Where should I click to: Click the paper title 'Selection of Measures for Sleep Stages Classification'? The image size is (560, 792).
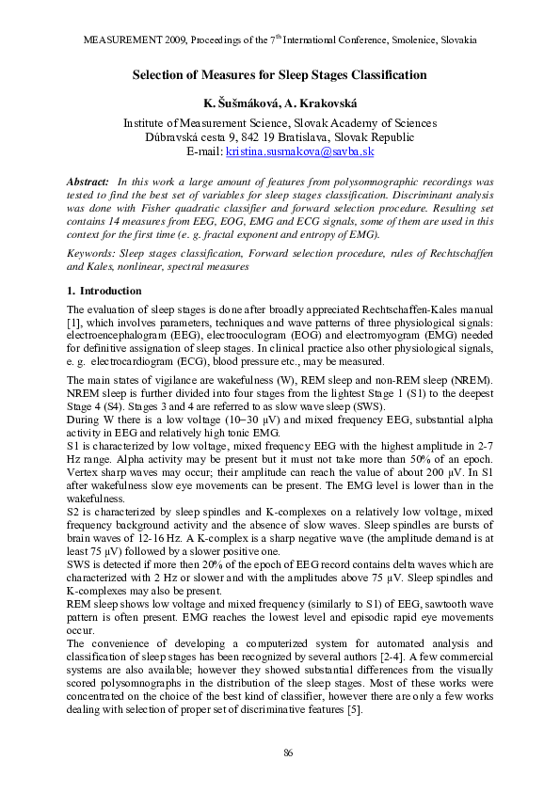point(280,74)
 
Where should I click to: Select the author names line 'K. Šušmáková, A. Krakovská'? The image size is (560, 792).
point(280,102)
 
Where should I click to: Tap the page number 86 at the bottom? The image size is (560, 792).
point(290,752)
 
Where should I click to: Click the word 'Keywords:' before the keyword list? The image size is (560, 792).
point(91,254)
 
